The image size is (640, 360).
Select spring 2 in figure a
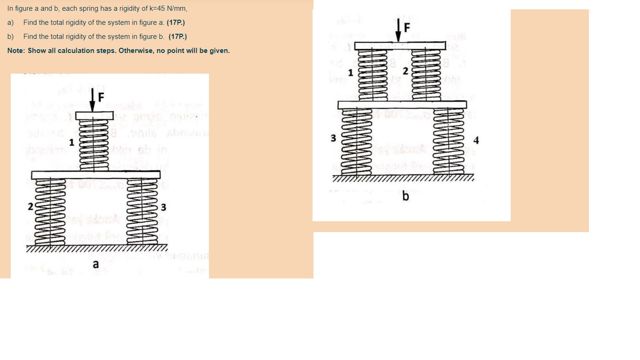point(46,210)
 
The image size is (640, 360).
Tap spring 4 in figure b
point(449,142)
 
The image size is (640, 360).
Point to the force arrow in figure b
point(398,31)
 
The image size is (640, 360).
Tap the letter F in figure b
point(406,28)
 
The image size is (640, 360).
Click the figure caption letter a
point(96,265)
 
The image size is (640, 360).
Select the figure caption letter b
point(405,196)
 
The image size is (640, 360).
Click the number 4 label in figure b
point(476,140)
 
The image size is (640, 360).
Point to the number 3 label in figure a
point(164,207)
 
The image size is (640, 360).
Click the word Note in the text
point(16,51)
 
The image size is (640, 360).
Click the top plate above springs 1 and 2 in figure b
point(400,46)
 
